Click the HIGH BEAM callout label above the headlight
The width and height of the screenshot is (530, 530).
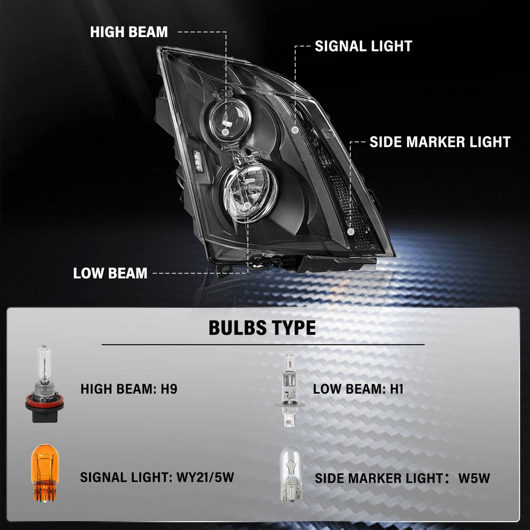[129, 32]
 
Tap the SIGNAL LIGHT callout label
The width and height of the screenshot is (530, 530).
[364, 46]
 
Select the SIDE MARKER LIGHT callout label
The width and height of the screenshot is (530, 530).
[440, 142]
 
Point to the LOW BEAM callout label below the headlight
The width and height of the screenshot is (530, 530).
[110, 273]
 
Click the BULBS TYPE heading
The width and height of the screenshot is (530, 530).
[262, 328]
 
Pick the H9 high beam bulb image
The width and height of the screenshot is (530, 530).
[45, 384]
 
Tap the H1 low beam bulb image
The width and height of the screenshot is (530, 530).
[290, 388]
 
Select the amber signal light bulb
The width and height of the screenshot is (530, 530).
[45, 473]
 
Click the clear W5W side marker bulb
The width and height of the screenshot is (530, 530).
[290, 473]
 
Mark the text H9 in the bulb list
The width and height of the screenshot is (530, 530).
[169, 388]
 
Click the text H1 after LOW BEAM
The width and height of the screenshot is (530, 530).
[397, 389]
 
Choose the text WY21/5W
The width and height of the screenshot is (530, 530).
[205, 478]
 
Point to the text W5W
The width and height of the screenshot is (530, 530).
[474, 478]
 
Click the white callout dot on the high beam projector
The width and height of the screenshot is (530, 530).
[225, 132]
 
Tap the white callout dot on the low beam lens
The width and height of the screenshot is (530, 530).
[247, 206]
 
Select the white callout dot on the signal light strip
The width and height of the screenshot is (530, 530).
[295, 130]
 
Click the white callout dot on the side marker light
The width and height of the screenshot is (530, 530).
[351, 232]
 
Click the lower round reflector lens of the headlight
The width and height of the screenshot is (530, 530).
[250, 193]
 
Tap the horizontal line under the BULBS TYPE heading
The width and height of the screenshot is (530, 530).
[263, 345]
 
